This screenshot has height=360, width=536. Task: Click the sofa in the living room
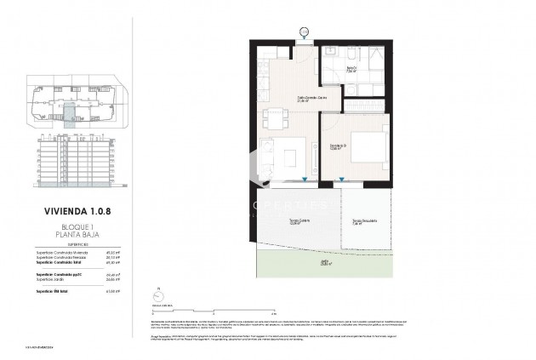[266, 155]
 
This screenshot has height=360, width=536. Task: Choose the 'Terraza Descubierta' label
[365, 222]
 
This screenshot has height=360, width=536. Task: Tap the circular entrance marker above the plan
[305, 33]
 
